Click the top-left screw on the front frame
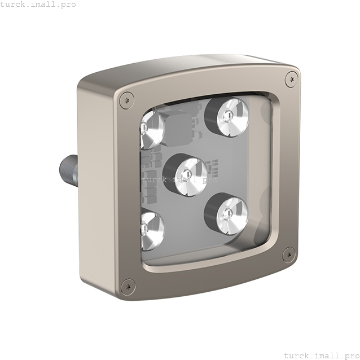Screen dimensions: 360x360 [127, 100]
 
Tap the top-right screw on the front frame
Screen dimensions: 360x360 [291, 79]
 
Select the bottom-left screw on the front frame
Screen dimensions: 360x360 [128, 287]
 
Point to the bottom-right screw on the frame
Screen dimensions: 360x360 [288, 254]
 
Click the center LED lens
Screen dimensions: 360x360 [191, 177]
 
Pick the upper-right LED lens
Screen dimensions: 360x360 [233, 117]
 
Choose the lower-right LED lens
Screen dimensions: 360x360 [232, 216]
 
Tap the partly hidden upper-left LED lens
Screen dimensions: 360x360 [152, 130]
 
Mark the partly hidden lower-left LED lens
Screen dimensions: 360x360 [152, 231]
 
